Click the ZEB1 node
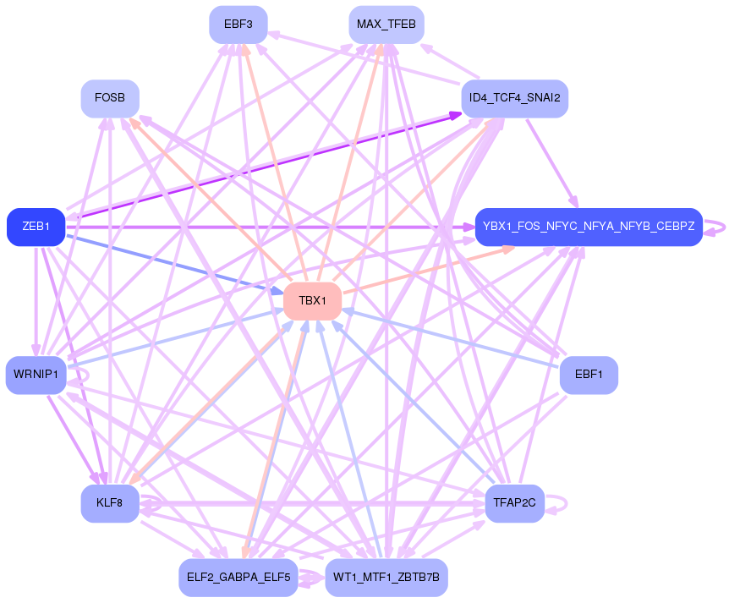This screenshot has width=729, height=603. [x=36, y=227]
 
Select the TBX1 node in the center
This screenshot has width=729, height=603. [x=312, y=302]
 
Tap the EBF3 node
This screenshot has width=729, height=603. [x=238, y=25]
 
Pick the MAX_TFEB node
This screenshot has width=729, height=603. [x=386, y=25]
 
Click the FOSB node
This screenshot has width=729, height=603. [x=110, y=99]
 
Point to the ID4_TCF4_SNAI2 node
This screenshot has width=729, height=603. [x=514, y=99]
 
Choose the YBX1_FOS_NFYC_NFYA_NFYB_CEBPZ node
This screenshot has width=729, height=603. [x=589, y=227]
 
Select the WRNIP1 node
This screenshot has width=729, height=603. [x=36, y=375]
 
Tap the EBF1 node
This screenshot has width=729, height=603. [x=589, y=375]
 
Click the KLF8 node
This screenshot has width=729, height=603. [x=110, y=503]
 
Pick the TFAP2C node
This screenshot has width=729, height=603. [x=514, y=503]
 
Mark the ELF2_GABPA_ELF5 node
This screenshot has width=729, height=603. [x=238, y=578]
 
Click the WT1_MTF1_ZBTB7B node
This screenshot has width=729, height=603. [x=386, y=578]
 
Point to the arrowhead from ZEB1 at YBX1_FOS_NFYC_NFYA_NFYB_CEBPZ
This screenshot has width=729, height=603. [x=468, y=227]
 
